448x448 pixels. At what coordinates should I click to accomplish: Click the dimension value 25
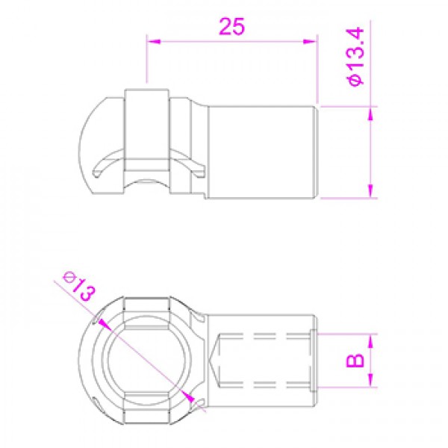pos(232,26)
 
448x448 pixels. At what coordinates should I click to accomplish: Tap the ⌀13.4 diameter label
pos(355,56)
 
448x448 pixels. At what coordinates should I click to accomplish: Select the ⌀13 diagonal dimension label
pos(79,287)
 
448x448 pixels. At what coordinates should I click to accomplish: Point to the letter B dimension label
pos(355,361)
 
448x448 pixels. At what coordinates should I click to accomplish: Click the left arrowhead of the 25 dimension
pos(153,41)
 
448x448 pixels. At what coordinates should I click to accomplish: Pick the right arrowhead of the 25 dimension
pos(310,41)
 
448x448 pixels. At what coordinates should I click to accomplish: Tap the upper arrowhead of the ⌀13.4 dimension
pos(370,113)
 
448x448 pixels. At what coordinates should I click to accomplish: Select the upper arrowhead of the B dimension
pos(370,340)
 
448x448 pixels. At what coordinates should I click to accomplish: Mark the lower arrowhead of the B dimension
pos(370,381)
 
